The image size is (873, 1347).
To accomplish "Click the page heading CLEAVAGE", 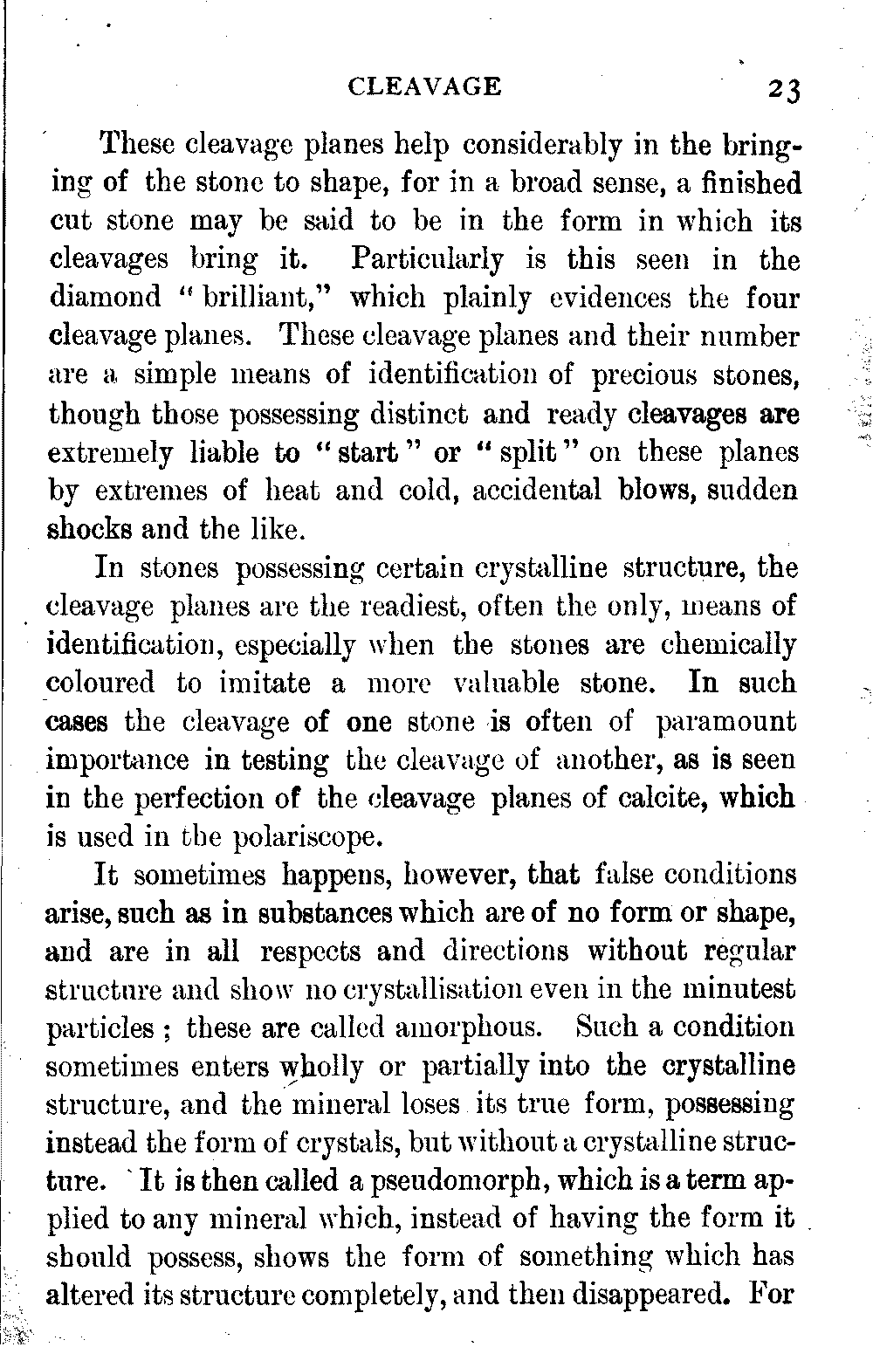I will pyautogui.click(x=425, y=86).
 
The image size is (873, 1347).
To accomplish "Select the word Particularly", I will pyautogui.click(x=427, y=260).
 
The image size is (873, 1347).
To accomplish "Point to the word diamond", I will pyautogui.click(x=106, y=298).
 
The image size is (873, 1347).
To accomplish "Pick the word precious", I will pyautogui.click(x=649, y=375).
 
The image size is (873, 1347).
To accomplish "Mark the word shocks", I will pyautogui.click(x=89, y=528).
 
